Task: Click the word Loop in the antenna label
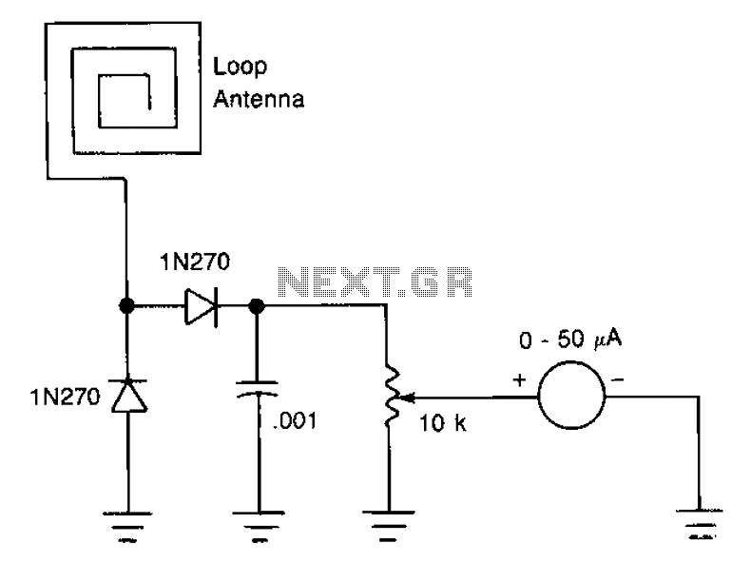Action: click(240, 68)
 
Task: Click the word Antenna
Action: click(259, 99)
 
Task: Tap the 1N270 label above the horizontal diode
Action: click(195, 262)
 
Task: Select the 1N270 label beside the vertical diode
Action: click(66, 397)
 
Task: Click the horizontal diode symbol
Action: click(202, 306)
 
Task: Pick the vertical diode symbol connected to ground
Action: click(128, 395)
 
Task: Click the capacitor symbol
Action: click(258, 389)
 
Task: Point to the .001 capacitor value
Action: click(295, 420)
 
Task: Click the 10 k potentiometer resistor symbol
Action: click(392, 398)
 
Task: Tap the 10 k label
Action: click(443, 423)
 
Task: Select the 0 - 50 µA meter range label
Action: click(570, 339)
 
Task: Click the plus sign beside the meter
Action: click(520, 380)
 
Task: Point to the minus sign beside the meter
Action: click(618, 380)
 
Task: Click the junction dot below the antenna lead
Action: click(127, 305)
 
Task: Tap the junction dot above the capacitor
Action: click(257, 305)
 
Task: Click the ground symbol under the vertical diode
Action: click(127, 527)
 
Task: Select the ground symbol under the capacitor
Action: click(259, 527)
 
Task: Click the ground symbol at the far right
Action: click(701, 525)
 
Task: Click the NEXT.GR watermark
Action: click(375, 281)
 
